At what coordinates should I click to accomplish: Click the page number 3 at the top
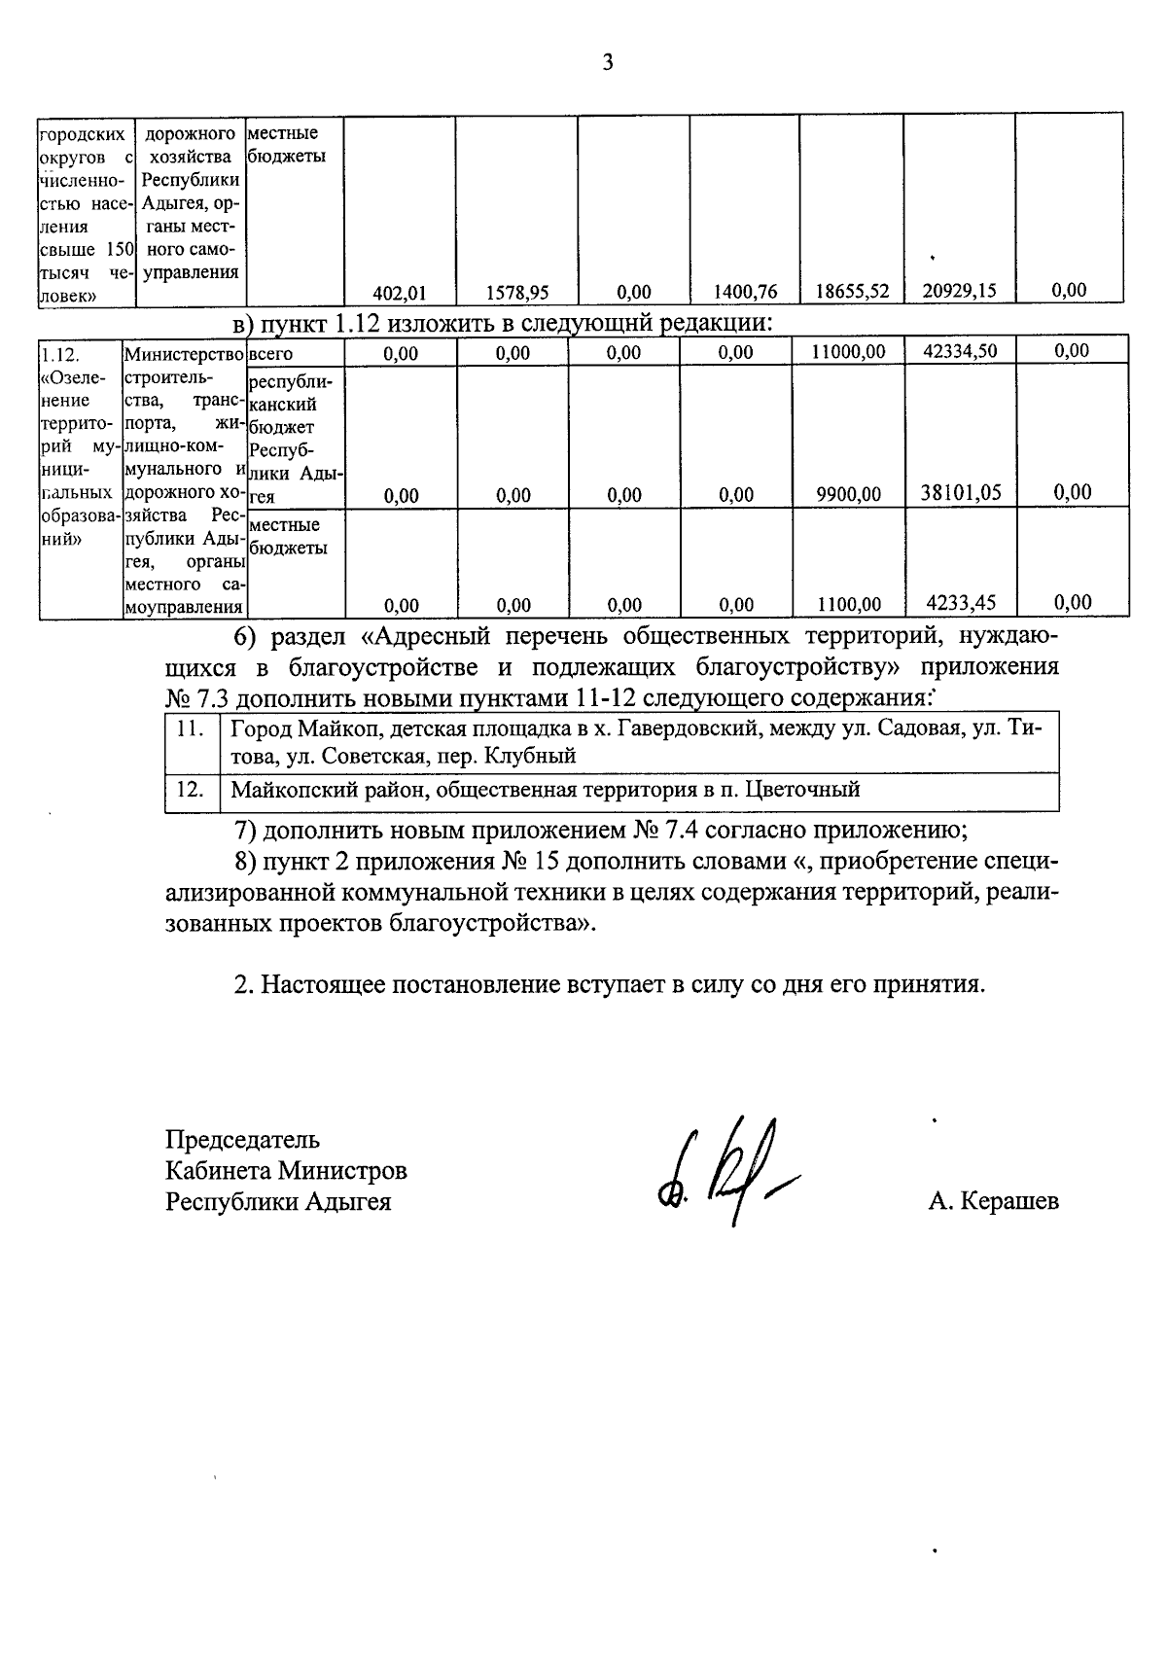tap(608, 63)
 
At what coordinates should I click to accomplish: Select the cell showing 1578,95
tap(512, 291)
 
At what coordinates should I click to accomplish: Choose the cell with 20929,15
tap(959, 290)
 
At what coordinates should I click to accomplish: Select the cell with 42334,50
tap(959, 351)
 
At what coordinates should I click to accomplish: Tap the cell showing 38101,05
tap(960, 493)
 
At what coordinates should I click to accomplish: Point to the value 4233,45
tap(960, 603)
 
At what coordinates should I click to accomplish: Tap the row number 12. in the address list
tap(191, 790)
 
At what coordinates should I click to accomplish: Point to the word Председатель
tap(242, 1139)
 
